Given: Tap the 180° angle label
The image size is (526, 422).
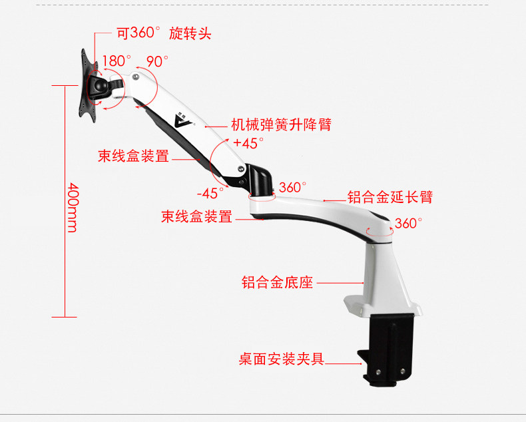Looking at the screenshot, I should (x=116, y=61).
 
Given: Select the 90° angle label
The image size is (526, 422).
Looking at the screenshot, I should (x=157, y=61).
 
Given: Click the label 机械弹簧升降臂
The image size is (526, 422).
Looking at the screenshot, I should (x=281, y=124).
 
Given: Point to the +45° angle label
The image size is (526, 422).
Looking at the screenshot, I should (x=248, y=142).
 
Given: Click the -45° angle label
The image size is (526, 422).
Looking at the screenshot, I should (x=211, y=193).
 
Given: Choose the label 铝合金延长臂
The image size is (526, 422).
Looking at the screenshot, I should (x=390, y=198).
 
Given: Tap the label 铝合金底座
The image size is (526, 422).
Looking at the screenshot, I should (x=277, y=283).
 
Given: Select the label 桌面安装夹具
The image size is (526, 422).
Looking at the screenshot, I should (x=282, y=359).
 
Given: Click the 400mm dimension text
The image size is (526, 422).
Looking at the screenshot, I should (x=72, y=207).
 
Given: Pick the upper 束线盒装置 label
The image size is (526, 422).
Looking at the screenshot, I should (x=133, y=156).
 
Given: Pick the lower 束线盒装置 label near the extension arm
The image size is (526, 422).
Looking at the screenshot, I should (x=196, y=217).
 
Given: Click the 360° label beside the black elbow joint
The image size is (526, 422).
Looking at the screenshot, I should (x=292, y=188).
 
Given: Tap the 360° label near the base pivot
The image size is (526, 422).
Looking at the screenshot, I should (x=408, y=223).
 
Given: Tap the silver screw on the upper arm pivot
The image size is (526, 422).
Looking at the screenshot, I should (x=136, y=77).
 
